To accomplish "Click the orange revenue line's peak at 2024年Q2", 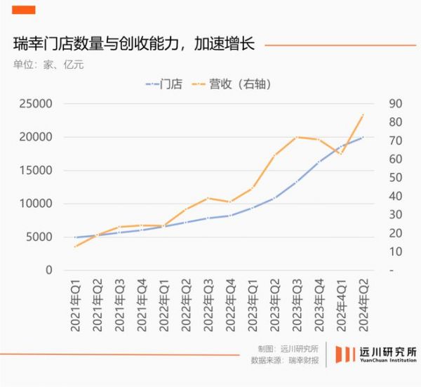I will tap(363, 114).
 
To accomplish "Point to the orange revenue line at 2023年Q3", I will tap(298, 137).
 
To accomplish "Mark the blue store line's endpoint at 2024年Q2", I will tap(363, 137).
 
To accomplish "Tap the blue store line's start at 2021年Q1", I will tap(75, 237).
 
